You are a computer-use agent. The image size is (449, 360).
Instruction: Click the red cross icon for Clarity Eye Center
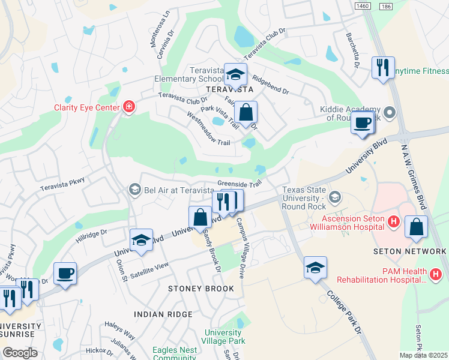[x=128, y=107]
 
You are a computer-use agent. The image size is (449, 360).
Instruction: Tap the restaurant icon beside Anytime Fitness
[x=382, y=67]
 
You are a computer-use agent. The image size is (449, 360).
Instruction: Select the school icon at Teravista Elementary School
[x=236, y=74]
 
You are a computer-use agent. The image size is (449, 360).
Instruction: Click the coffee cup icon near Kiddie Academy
[x=363, y=122]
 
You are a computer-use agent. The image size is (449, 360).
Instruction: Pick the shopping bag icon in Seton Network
[x=416, y=227]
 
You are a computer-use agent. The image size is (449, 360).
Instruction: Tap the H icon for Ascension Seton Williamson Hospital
[x=394, y=222]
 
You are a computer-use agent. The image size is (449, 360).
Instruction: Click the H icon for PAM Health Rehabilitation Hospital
[x=436, y=275]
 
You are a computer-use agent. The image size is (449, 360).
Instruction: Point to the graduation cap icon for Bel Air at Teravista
[x=134, y=190]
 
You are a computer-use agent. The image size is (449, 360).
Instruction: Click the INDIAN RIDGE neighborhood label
[x=163, y=314]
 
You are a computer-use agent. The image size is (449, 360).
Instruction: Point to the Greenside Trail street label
[x=240, y=184]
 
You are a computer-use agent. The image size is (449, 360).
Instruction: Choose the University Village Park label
[x=224, y=337]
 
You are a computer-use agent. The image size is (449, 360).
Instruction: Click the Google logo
[x=20, y=352]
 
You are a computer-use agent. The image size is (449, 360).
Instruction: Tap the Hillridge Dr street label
[x=91, y=235]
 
